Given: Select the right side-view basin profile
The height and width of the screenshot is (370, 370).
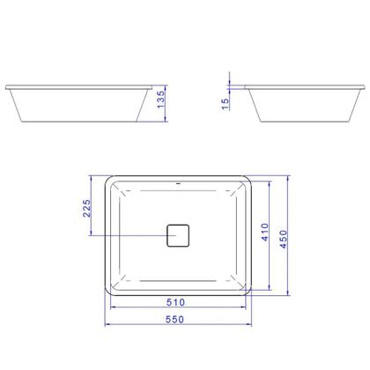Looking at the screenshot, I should tap(302, 103).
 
